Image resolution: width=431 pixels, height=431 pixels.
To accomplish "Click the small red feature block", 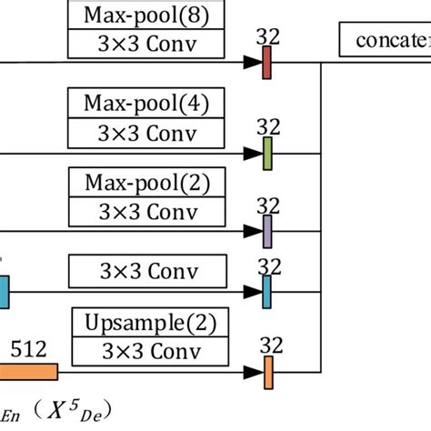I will [x=267, y=63].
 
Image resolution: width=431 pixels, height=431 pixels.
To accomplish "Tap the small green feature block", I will [x=267, y=153].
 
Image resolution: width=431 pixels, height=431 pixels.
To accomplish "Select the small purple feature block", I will [x=267, y=231].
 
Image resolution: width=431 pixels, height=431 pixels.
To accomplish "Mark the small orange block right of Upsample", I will [x=268, y=371].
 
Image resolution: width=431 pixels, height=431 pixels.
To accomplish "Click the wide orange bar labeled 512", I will [x=27, y=371].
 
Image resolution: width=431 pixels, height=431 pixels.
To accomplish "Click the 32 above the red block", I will [x=267, y=36].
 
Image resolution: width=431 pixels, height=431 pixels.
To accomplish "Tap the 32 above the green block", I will [x=267, y=125].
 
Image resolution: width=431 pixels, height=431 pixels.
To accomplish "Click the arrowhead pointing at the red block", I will [x=252, y=63].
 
